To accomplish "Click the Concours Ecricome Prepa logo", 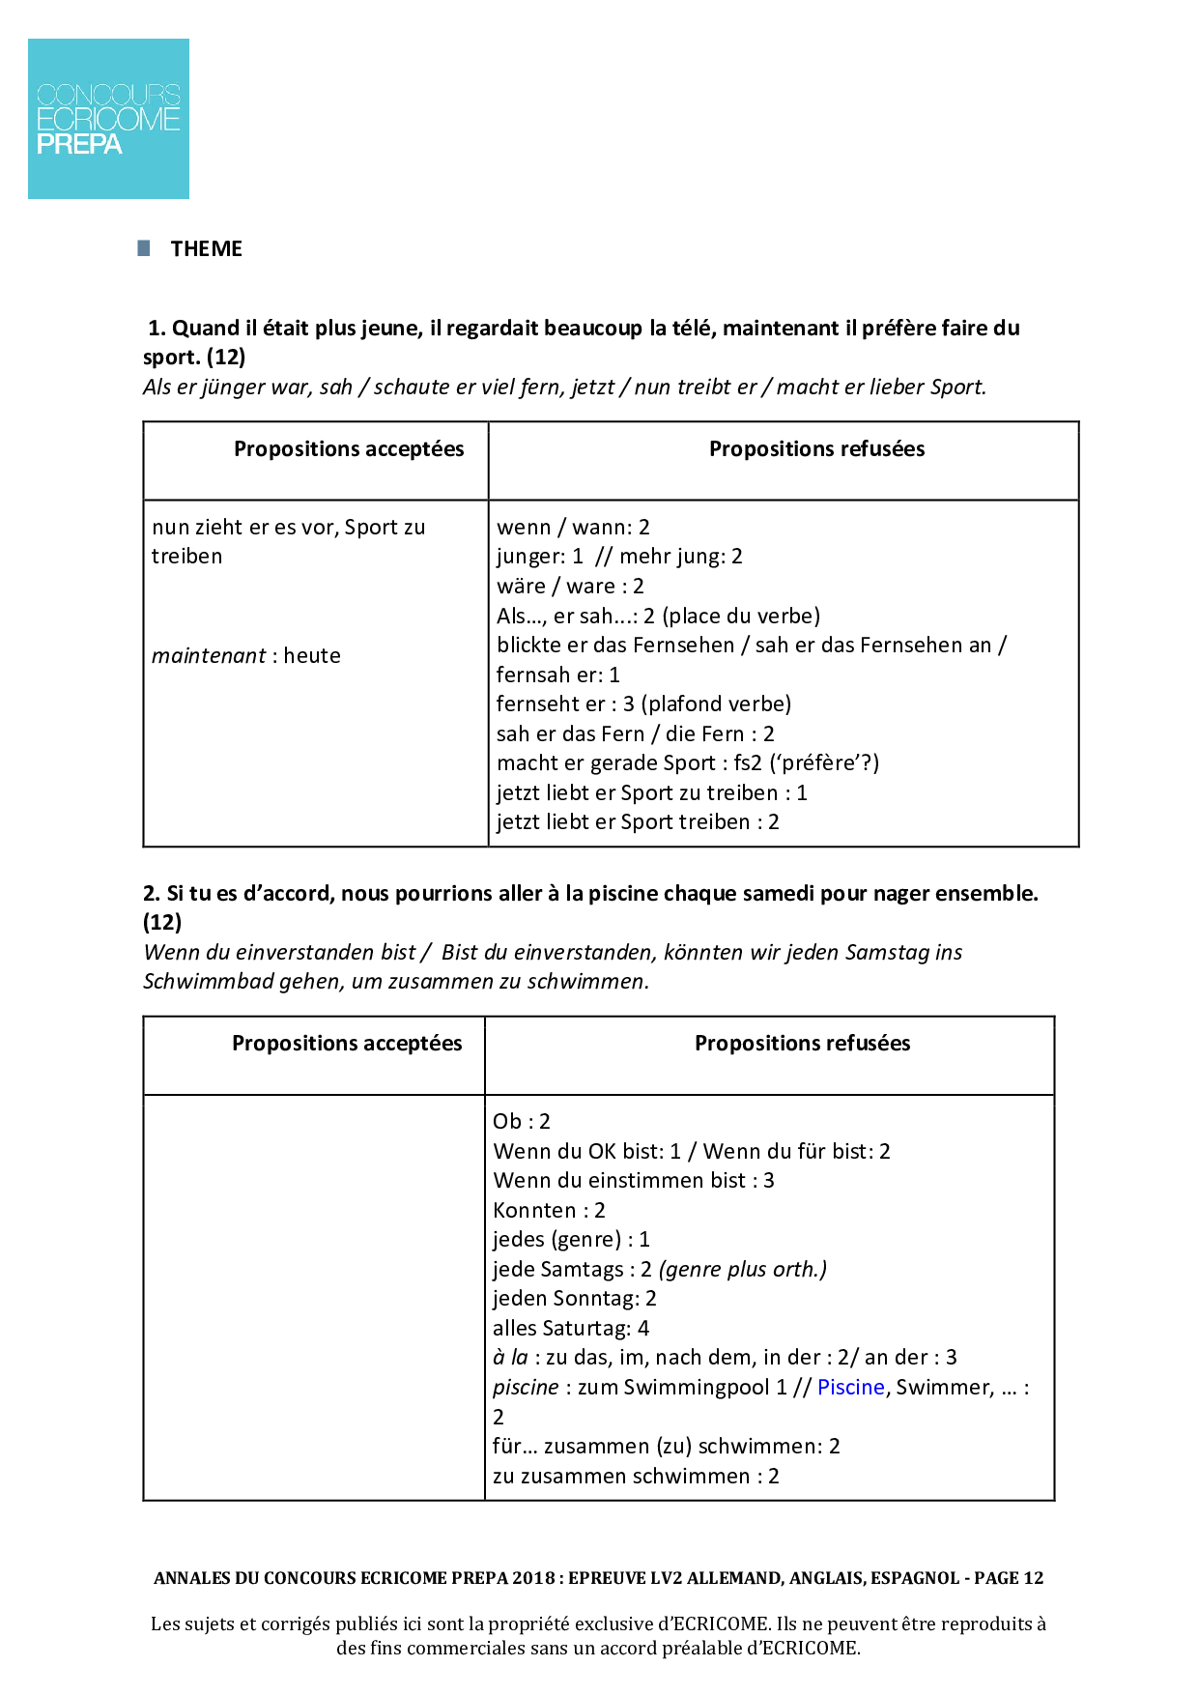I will [x=108, y=119].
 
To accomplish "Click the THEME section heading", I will [x=206, y=249].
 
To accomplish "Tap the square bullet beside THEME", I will [x=144, y=248].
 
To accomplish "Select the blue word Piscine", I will [x=850, y=1388].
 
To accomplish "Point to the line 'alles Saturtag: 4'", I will [x=570, y=1329].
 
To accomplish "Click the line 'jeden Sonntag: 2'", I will [x=574, y=1299].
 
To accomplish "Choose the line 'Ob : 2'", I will [x=521, y=1122].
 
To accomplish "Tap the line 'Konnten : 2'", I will [x=549, y=1211].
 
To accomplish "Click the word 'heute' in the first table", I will [x=312, y=656].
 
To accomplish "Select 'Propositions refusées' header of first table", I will [x=816, y=449].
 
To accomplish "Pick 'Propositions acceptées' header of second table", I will [x=347, y=1044].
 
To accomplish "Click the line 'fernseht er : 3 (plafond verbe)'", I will [x=643, y=704].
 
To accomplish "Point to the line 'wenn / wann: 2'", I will [x=573, y=528].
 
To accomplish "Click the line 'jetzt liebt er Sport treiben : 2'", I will [x=638, y=822].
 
